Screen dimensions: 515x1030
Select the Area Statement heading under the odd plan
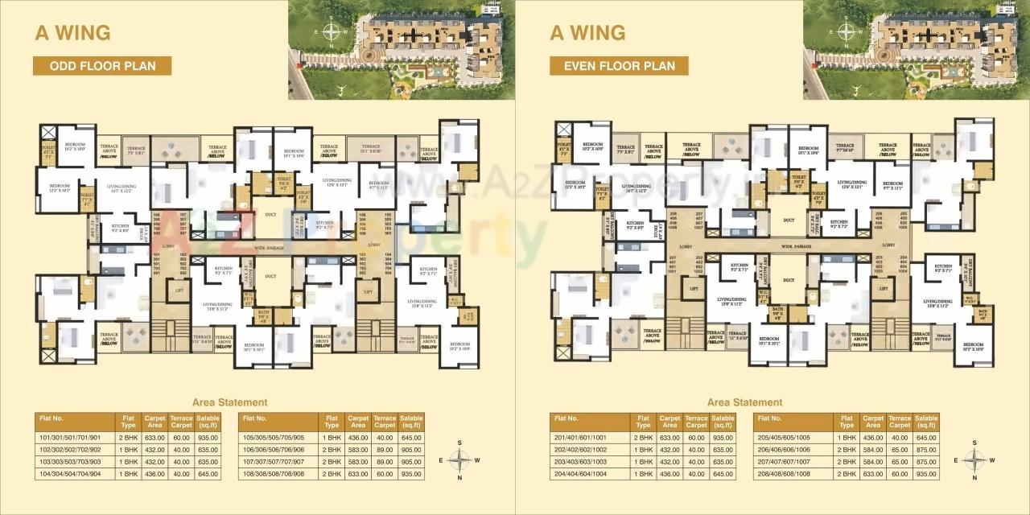pyautogui.click(x=230, y=402)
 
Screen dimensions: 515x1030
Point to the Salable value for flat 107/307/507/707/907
pyautogui.click(x=411, y=462)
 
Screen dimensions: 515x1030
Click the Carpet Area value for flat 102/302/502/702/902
pyautogui.click(x=154, y=451)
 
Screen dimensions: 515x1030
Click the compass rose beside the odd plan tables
pyautogui.click(x=459, y=460)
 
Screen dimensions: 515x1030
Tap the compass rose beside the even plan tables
pyautogui.click(x=974, y=460)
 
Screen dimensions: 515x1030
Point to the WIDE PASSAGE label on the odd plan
pyautogui.click(x=271, y=249)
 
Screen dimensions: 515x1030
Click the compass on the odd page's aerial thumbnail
pyautogui.click(x=331, y=33)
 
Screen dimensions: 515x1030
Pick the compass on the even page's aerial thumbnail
pyautogui.click(x=846, y=33)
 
